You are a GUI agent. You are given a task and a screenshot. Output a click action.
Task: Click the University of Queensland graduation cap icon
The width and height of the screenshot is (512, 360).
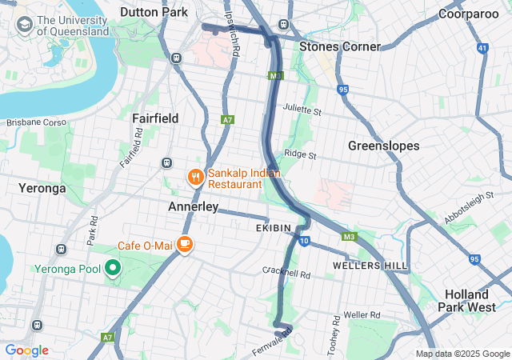point(23,26)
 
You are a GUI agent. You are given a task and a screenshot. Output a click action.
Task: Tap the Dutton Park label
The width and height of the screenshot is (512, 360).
point(154,12)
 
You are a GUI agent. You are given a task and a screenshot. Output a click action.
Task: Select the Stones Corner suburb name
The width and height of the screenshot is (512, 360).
point(339,46)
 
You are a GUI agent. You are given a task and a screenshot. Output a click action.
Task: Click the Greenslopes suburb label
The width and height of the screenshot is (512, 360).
point(384,146)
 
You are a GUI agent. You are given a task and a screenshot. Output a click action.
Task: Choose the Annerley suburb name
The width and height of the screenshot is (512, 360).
point(193,206)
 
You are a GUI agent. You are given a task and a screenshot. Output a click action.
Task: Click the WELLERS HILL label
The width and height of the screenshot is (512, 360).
point(370,265)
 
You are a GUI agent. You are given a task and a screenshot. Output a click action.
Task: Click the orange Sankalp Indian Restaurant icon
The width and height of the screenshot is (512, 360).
point(194,177)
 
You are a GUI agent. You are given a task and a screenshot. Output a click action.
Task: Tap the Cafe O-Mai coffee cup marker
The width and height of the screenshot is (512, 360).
point(184,244)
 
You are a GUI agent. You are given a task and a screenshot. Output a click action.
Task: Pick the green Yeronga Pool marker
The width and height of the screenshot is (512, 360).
point(113,268)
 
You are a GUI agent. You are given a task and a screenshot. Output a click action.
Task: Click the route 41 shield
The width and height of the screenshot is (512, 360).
point(482,49)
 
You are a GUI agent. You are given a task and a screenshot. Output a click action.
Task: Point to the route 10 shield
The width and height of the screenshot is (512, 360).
point(304,240)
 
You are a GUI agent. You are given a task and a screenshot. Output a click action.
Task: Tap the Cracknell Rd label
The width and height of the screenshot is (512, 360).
point(286,273)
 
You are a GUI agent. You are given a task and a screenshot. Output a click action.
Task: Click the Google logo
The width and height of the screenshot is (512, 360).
point(26,350)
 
